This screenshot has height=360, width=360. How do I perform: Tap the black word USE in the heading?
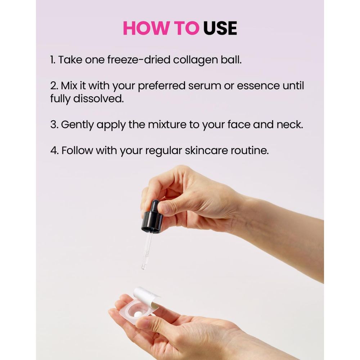pyautogui.click(x=220, y=28)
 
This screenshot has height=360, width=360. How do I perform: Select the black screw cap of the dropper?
pyautogui.click(x=152, y=223)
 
